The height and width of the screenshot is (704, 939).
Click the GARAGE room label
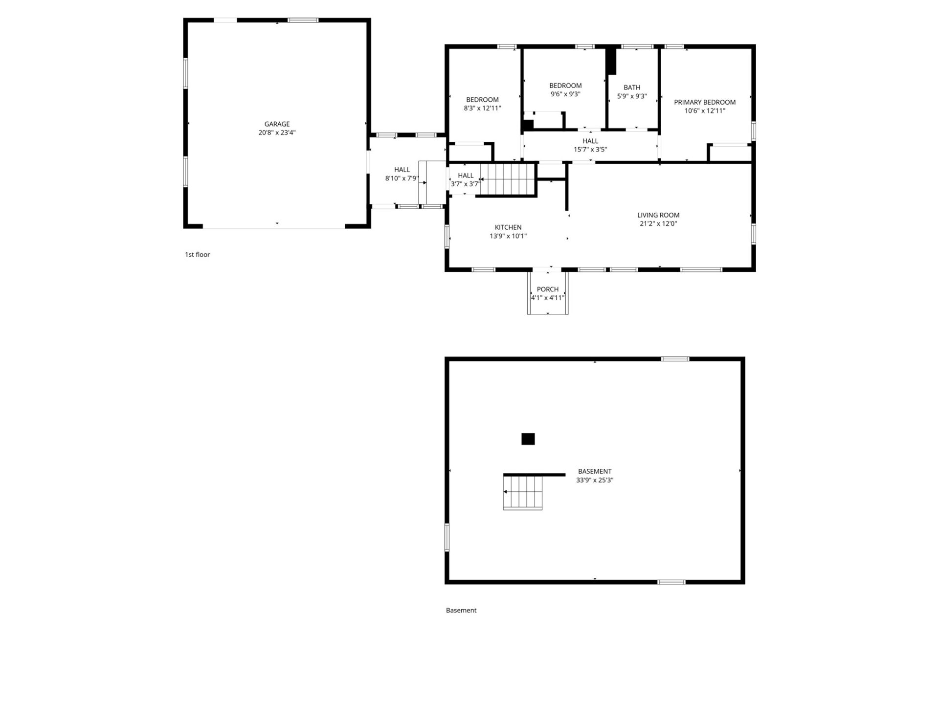pyautogui.click(x=277, y=124)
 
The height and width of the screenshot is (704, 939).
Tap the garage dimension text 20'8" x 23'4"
pyautogui.click(x=277, y=132)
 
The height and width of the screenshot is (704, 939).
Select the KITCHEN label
pyautogui.click(x=508, y=227)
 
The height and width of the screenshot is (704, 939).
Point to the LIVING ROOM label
pyautogui.click(x=658, y=215)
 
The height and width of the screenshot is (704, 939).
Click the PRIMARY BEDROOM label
pyautogui.click(x=705, y=102)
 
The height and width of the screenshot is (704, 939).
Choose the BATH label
pyautogui.click(x=632, y=88)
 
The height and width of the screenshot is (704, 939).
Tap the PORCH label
pyautogui.click(x=548, y=289)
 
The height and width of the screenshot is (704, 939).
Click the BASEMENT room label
pyautogui.click(x=595, y=472)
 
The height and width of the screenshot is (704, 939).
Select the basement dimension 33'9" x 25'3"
pyautogui.click(x=595, y=480)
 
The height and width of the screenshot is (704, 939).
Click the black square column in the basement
pyautogui.click(x=528, y=439)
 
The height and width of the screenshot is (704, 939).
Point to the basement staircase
pyautogui.click(x=523, y=493)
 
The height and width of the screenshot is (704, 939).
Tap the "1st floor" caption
pyautogui.click(x=197, y=255)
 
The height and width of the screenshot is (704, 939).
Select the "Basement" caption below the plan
pyautogui.click(x=461, y=610)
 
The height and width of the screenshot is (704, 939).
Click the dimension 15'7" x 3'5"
pyautogui.click(x=590, y=150)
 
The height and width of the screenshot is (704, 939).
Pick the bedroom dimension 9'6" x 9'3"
pyautogui.click(x=565, y=94)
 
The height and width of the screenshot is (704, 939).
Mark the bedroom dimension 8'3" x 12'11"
pyautogui.click(x=483, y=108)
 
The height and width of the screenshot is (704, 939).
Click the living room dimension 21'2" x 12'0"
pyautogui.click(x=658, y=224)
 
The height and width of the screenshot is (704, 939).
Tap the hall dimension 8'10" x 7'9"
pyautogui.click(x=402, y=178)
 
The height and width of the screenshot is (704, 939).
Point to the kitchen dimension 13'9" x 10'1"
pyautogui.click(x=508, y=236)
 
